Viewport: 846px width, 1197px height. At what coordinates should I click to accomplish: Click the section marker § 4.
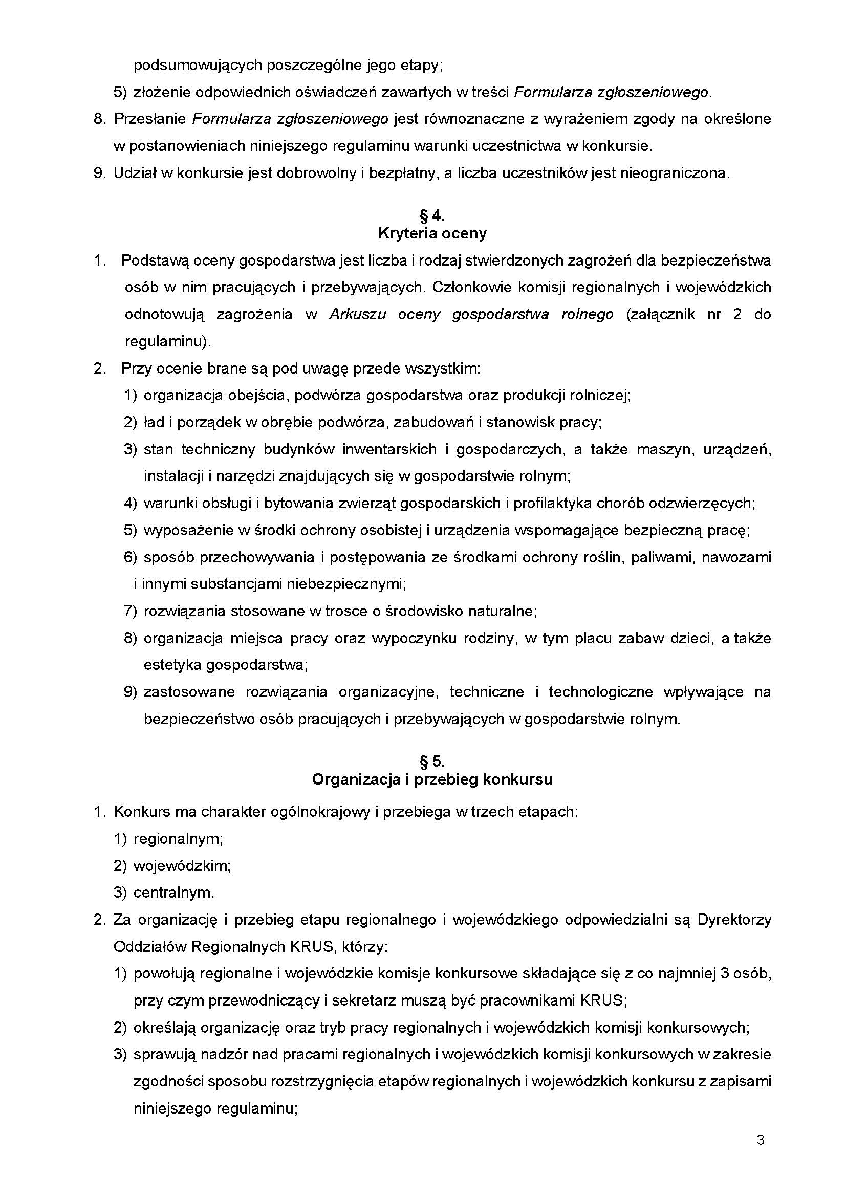pos(432,215)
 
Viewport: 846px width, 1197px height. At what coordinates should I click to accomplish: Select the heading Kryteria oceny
pos(432,233)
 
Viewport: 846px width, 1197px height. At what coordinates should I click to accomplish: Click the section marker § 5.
pos(432,761)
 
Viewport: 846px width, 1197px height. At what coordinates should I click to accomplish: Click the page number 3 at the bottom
pos(761,1140)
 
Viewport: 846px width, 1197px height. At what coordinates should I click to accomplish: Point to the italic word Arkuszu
pos(357,314)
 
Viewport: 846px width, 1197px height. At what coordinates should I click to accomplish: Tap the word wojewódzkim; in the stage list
pos(182,866)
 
